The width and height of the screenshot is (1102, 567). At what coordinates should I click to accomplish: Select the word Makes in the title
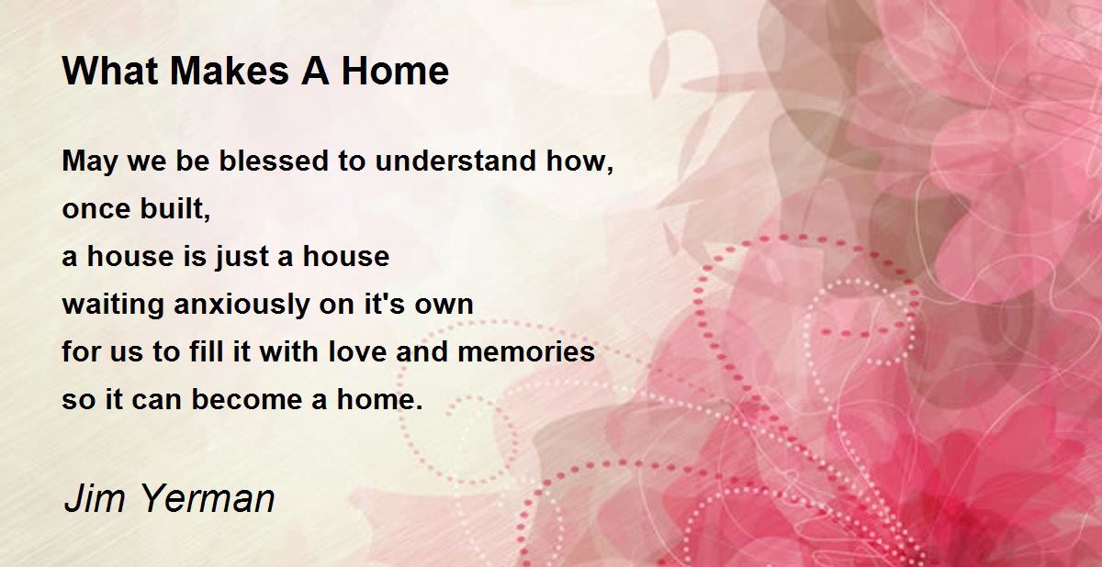[230, 72]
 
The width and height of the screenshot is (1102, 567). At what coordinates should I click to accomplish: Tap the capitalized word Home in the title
[395, 72]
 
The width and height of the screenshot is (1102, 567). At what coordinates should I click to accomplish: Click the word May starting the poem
[90, 162]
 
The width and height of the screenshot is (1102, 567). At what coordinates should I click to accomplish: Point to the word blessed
[274, 161]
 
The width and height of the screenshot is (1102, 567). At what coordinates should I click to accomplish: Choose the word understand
[455, 161]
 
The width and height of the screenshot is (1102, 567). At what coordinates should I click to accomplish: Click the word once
[96, 210]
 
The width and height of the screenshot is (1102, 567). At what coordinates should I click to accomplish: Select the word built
[175, 208]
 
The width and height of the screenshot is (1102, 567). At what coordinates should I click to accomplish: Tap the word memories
[526, 351]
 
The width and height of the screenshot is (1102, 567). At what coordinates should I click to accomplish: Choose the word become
[246, 399]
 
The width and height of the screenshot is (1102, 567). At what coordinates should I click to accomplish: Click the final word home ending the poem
[379, 399]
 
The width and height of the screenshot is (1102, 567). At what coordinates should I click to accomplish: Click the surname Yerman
[208, 498]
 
